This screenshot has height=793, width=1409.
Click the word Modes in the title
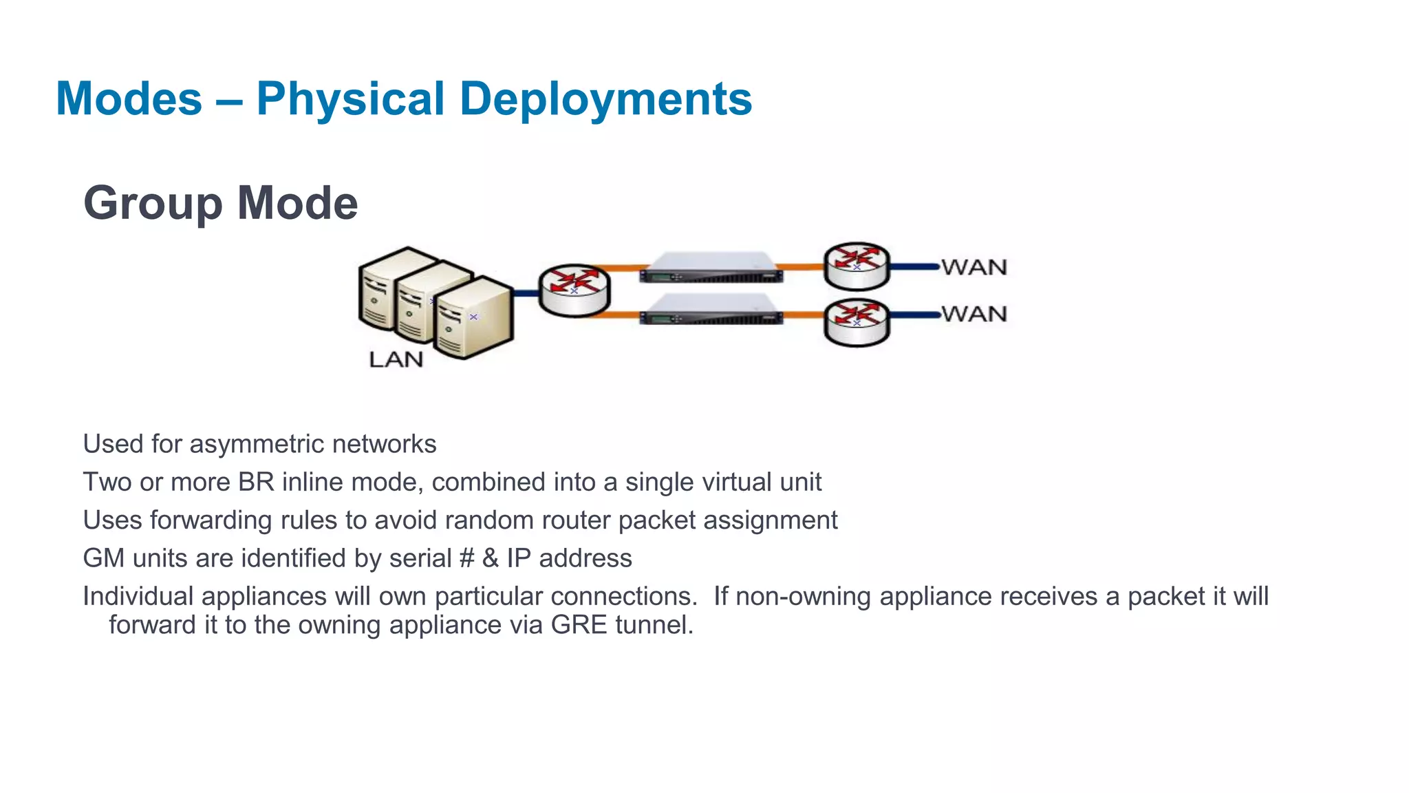[129, 98]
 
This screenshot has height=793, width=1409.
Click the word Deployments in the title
[605, 98]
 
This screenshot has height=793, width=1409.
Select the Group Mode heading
[220, 203]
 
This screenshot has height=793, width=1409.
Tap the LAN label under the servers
[396, 359]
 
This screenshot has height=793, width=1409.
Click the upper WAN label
[974, 267]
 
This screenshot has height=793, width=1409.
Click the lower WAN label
[974, 314]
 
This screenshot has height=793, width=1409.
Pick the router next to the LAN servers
[574, 290]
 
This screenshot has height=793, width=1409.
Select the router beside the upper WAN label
[857, 266]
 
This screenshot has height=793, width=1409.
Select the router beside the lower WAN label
[857, 322]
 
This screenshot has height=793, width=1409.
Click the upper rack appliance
[711, 268]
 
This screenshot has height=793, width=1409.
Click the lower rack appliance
[711, 309]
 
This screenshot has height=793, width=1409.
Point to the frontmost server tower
[473, 318]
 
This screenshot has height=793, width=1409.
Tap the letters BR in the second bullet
[256, 482]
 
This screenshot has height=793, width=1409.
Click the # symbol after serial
[466, 558]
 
